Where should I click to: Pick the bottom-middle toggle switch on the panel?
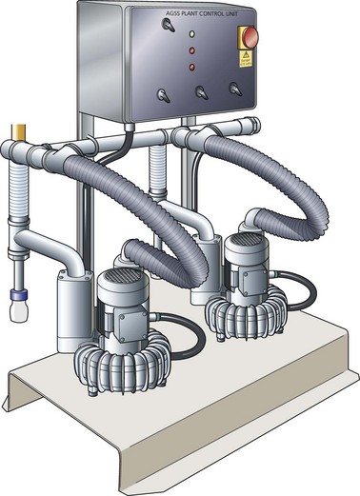(x=201, y=92)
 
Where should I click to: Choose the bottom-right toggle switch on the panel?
(x=234, y=89)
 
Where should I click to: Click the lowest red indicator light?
(x=191, y=67)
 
